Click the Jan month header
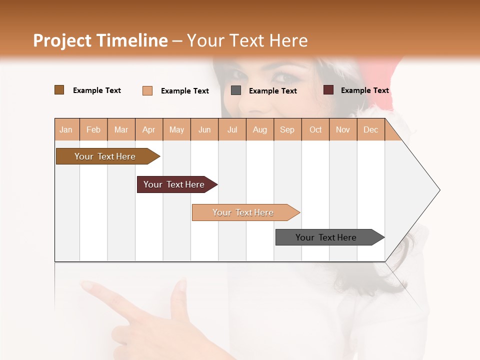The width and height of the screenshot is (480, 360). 66,129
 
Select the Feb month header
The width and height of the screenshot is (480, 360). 93,129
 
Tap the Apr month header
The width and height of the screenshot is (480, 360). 149,129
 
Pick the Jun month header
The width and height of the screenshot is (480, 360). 204,129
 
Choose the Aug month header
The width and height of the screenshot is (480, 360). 260,129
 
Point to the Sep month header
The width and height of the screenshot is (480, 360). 287,129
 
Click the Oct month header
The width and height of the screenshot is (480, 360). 315,129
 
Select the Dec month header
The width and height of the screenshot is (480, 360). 371,129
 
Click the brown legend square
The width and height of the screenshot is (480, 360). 59,90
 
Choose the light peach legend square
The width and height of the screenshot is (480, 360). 147,90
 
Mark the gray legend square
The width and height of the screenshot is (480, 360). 236,90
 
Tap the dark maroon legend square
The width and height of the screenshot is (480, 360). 328,90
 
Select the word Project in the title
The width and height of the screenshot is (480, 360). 62,40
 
